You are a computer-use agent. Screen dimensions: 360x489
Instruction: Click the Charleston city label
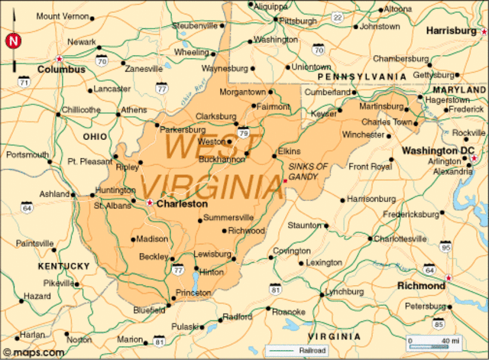pyautogui.click(x=181, y=204)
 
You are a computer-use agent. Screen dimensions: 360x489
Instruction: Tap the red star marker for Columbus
pyautogui.click(x=58, y=59)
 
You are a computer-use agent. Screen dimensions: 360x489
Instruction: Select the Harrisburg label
pyautogui.click(x=452, y=31)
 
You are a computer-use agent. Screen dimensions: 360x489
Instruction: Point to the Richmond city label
pyautogui.click(x=421, y=286)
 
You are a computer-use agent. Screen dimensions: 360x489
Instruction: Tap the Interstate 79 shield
pyautogui.click(x=244, y=133)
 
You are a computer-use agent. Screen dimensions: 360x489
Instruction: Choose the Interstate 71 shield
pyautogui.click(x=25, y=80)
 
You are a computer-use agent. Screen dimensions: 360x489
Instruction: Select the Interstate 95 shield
pyautogui.click(x=445, y=246)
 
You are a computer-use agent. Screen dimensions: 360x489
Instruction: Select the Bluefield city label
pyautogui.click(x=148, y=310)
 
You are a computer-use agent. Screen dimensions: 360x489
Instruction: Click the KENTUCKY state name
pyautogui.click(x=63, y=265)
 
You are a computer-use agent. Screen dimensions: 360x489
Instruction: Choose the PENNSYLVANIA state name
pyautogui.click(x=361, y=76)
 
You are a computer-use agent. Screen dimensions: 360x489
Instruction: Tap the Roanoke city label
pyautogui.click(x=289, y=311)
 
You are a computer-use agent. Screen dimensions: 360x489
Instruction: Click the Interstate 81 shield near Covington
pyautogui.click(x=275, y=289)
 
